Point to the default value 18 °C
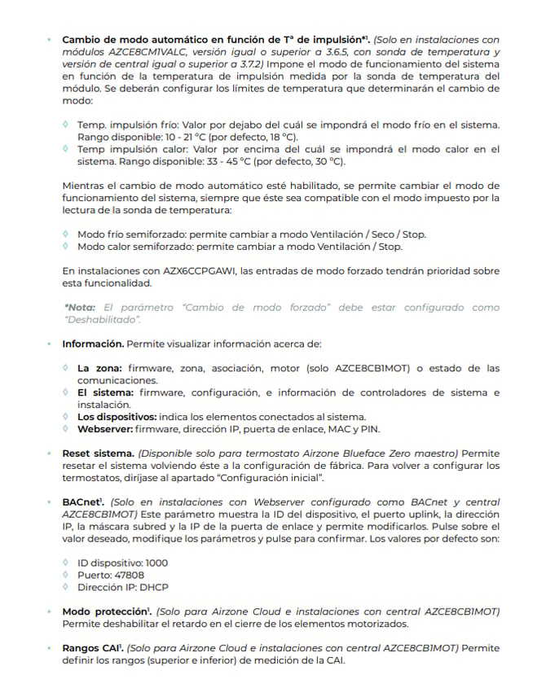point(281,137)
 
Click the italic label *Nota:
point(79,308)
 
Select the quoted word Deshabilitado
point(105,320)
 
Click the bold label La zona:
point(100,368)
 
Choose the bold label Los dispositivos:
point(117,417)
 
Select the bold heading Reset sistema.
point(98,453)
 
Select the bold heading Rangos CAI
point(91,648)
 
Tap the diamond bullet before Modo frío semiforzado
point(66,234)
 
